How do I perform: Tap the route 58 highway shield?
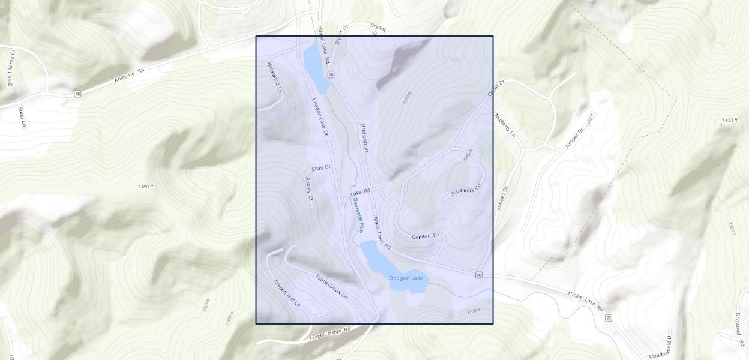click(x=78, y=94)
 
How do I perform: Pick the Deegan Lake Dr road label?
click(x=320, y=117)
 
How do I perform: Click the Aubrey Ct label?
click(x=310, y=188)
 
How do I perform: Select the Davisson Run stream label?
click(x=358, y=215)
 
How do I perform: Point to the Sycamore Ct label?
click(x=466, y=191)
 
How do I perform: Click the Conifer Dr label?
click(x=426, y=237)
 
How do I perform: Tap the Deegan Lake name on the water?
click(x=406, y=278)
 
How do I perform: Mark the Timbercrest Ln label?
click(x=287, y=293)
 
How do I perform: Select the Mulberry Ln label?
click(x=505, y=125)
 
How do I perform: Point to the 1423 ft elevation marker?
click(x=729, y=121)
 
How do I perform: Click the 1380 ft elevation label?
click(x=145, y=187)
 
